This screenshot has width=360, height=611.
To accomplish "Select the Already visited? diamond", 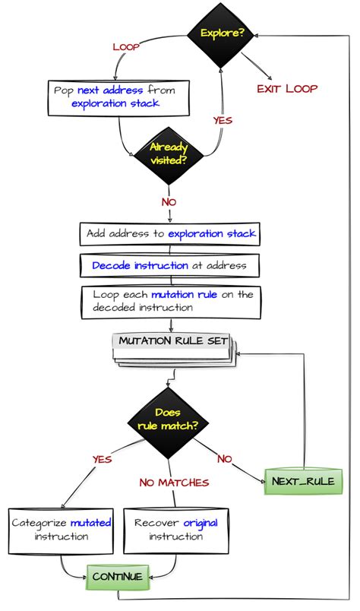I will [x=168, y=154].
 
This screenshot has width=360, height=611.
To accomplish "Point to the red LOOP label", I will [x=126, y=47].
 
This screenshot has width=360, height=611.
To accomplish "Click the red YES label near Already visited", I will [x=223, y=120].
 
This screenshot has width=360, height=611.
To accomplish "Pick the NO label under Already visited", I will [x=169, y=201].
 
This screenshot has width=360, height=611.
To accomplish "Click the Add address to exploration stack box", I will [x=169, y=233].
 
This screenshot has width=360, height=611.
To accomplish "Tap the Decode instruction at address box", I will [x=169, y=265].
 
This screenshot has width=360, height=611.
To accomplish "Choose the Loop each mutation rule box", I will [x=169, y=301].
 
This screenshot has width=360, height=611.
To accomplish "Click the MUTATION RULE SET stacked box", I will [x=175, y=343].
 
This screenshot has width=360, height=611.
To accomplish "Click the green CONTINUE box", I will [x=117, y=576].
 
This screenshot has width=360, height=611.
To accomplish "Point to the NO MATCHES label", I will [x=174, y=482].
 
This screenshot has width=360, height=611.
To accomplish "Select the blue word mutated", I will [x=90, y=523].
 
